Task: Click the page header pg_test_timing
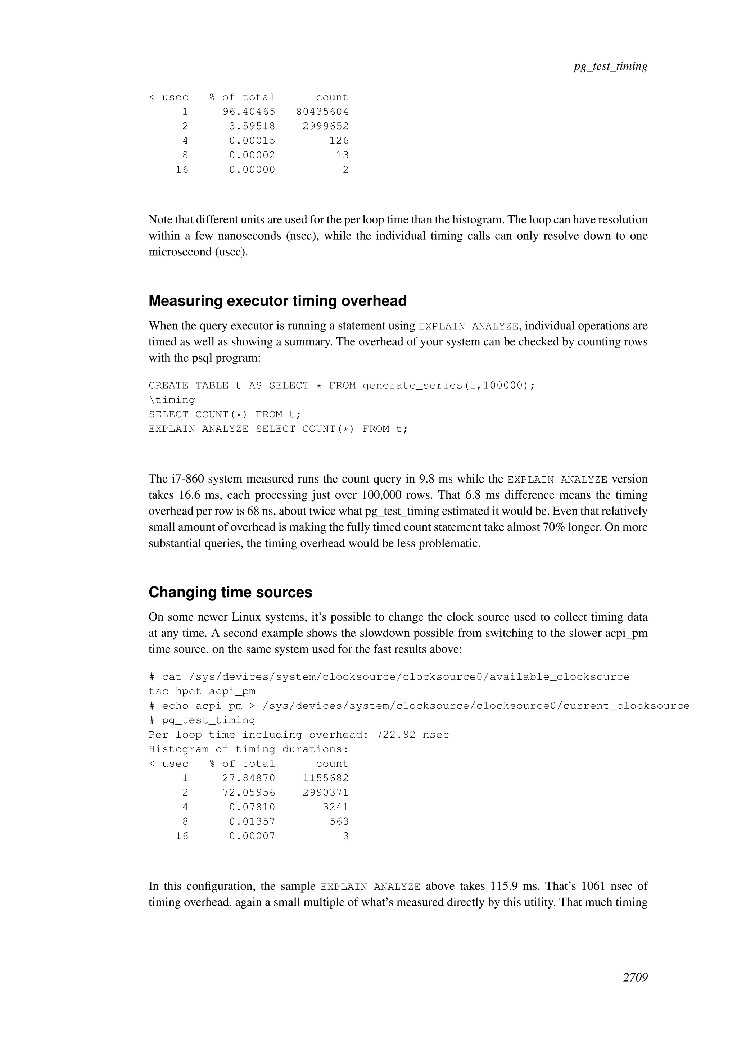(610, 66)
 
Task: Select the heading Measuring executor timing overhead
(277, 301)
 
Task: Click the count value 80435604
(322, 112)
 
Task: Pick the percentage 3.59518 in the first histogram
(252, 126)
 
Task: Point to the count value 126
(339, 141)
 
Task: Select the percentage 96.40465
(249, 112)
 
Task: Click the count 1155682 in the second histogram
(325, 778)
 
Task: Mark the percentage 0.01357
(252, 821)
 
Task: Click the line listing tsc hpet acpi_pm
(202, 691)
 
